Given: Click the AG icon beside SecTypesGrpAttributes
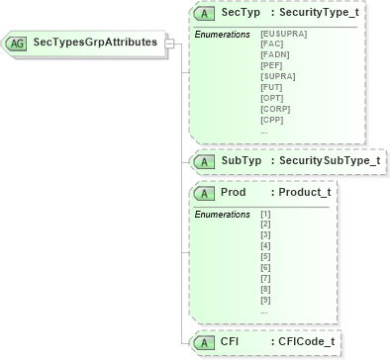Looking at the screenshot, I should point(17,44).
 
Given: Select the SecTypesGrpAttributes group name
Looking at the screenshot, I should point(96,44).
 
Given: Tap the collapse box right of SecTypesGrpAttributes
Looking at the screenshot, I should point(169,44).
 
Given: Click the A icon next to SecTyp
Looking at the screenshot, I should point(204,15).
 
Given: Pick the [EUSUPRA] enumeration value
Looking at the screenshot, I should point(283,35).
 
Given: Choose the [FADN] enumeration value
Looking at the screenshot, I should point(275,55).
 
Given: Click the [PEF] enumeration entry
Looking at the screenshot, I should point(272,65).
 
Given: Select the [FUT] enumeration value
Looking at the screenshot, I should point(272,87).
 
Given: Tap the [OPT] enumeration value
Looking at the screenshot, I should point(272,98).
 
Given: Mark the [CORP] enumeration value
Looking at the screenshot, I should point(275,109).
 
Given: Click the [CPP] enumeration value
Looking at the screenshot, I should point(272,120).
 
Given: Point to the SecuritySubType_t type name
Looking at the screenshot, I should point(330,160).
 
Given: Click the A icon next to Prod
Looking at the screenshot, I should point(204,192).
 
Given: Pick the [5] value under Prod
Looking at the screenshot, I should point(264,256).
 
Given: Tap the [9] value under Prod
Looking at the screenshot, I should point(264,299).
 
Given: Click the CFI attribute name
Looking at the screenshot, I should point(230,341).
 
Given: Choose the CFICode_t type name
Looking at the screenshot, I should point(306,341).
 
